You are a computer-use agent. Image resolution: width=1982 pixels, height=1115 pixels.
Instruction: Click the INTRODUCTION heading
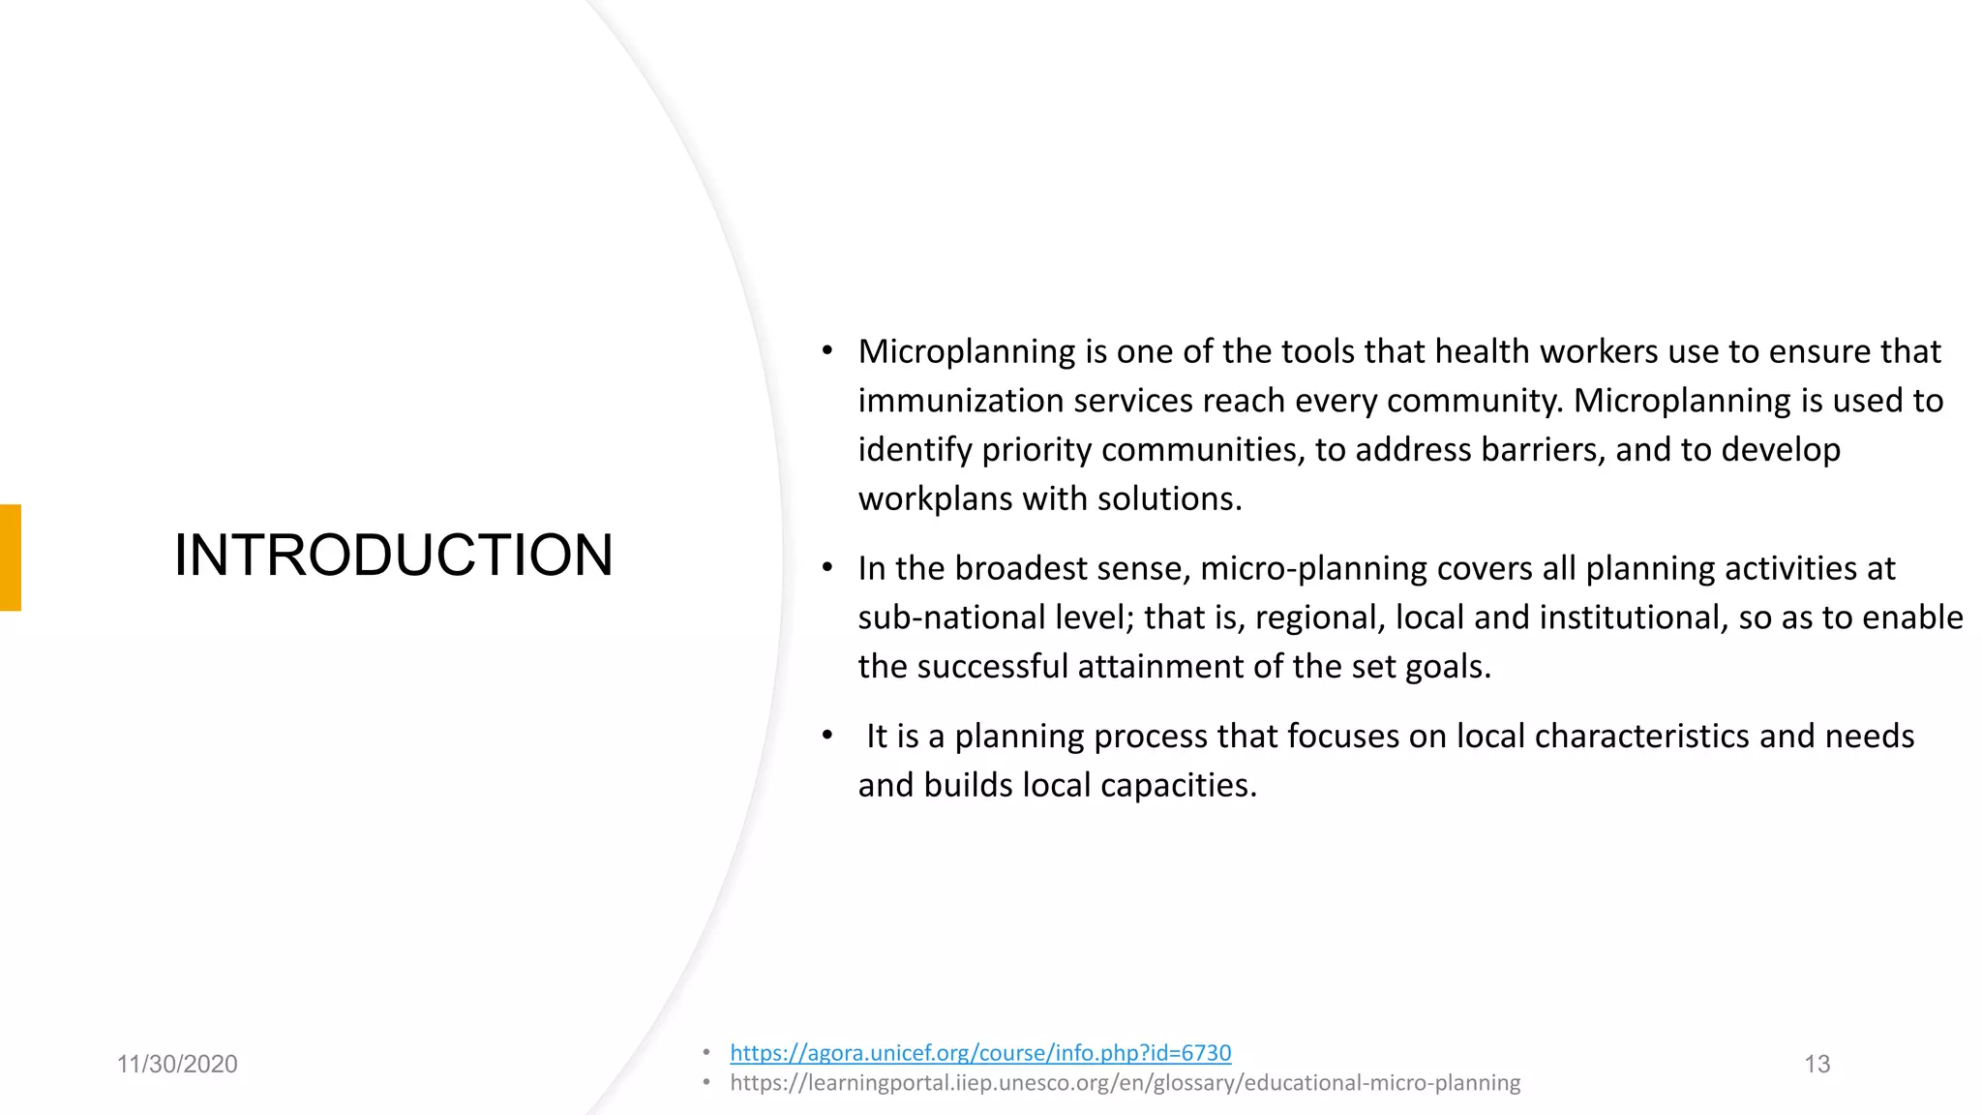(393, 556)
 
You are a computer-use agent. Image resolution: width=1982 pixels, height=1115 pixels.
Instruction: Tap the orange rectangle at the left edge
(10, 557)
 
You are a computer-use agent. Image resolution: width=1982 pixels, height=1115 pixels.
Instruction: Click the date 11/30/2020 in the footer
(177, 1065)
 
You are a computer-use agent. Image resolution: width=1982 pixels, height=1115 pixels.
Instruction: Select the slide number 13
(1817, 1065)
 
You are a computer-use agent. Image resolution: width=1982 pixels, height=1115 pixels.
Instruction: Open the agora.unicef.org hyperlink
(979, 1053)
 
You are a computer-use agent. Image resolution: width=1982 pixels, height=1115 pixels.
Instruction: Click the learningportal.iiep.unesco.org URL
(1125, 1083)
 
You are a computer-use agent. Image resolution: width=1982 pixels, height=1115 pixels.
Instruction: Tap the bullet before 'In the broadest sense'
(826, 568)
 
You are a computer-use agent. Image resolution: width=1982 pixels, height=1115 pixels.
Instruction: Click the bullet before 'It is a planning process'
(826, 737)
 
